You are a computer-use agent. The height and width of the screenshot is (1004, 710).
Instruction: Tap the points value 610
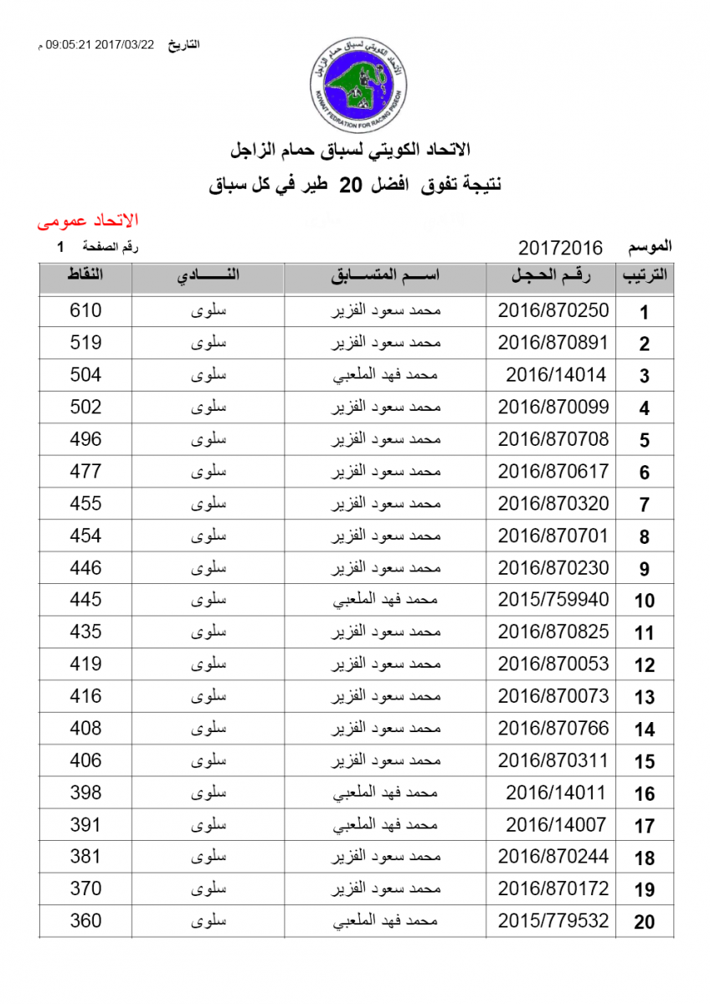pos(85,310)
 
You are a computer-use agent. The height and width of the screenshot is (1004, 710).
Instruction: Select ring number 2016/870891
pos(553,343)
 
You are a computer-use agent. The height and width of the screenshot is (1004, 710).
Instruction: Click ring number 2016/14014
pos(555,375)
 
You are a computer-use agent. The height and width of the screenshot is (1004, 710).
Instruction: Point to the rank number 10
pos(644,601)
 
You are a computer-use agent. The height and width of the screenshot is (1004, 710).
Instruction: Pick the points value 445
pos(85,600)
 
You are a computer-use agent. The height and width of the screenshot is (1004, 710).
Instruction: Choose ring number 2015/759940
pos(553,600)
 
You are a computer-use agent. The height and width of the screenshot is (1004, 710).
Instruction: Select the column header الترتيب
pos(645,276)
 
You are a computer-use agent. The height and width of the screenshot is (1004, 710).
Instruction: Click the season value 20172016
pos(560,248)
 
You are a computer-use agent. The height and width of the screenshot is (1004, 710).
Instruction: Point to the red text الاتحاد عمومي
pos(88,221)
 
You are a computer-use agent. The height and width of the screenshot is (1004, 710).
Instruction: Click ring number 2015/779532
pos(553,921)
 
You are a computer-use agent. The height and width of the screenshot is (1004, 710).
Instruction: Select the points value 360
pos(85,921)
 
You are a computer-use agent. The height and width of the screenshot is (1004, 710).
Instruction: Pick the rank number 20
pos(644,922)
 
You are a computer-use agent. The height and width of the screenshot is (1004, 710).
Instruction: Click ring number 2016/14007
pos(555,825)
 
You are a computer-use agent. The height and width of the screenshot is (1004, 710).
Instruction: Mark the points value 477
pos(85,471)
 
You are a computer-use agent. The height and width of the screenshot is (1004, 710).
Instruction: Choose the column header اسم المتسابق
pos(386,276)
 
